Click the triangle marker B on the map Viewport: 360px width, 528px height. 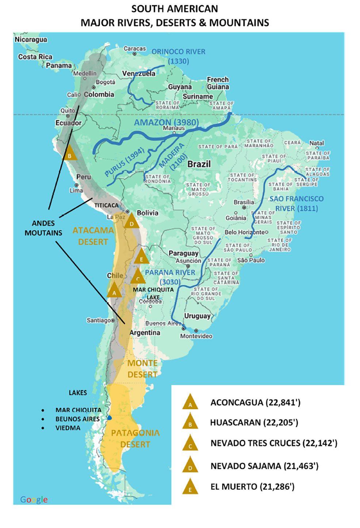point(69,153)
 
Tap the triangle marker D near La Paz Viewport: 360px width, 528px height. point(131,221)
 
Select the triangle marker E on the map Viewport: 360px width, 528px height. point(141,257)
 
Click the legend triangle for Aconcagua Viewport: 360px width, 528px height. point(190,402)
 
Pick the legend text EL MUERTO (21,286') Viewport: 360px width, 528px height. point(252,487)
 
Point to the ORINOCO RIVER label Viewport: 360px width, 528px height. point(179,56)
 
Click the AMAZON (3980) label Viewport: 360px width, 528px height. point(166,122)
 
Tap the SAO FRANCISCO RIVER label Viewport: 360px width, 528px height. point(296,204)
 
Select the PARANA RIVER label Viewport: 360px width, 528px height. point(170,277)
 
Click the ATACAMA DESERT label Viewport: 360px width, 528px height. point(93,236)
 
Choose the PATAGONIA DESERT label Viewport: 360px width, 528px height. point(135,438)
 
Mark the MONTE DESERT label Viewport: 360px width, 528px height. point(142,369)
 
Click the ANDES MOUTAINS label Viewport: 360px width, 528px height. point(43,228)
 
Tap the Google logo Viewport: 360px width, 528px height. point(34,499)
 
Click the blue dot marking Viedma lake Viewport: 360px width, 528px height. point(110,418)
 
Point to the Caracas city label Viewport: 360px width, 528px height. point(135,49)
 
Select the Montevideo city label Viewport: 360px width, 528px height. point(196,336)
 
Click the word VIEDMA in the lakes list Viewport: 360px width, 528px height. point(68,428)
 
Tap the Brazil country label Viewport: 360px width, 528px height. point(199,164)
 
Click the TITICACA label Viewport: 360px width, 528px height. point(106,205)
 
